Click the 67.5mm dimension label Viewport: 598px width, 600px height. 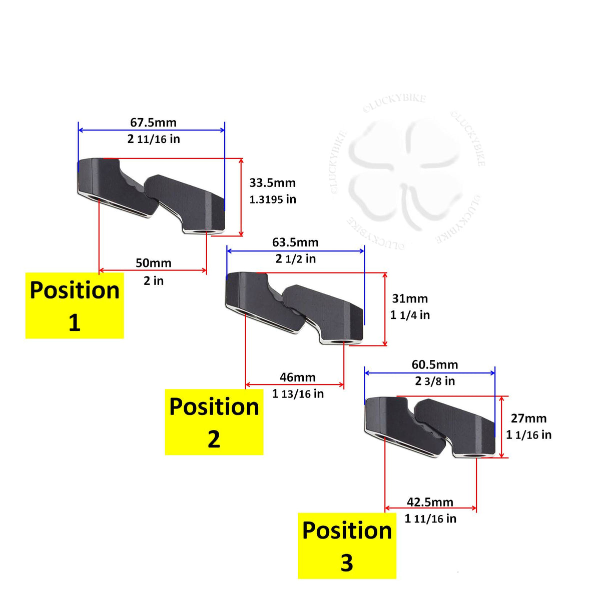(153, 122)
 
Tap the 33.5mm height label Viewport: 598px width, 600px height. (272, 183)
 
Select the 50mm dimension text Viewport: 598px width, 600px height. (153, 263)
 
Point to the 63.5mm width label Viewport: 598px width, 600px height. (295, 242)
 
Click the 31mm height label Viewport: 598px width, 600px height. (410, 298)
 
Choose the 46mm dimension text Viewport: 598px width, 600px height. (298, 377)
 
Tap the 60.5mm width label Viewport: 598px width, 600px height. (435, 364)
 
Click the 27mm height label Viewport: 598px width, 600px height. (529, 418)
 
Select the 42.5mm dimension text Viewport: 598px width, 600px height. (430, 502)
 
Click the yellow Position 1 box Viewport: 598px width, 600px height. (75, 305)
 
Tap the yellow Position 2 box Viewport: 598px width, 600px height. (214, 422)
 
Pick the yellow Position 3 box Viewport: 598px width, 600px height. (347, 546)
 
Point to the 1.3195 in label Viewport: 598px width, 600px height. (273, 199)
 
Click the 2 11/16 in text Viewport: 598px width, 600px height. (154, 139)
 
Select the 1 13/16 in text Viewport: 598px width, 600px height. (298, 394)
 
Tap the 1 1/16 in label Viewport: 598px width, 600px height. (528, 434)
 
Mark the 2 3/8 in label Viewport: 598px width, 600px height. (435, 381)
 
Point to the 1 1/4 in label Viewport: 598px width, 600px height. (410, 315)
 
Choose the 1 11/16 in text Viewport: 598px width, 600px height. (430, 518)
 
